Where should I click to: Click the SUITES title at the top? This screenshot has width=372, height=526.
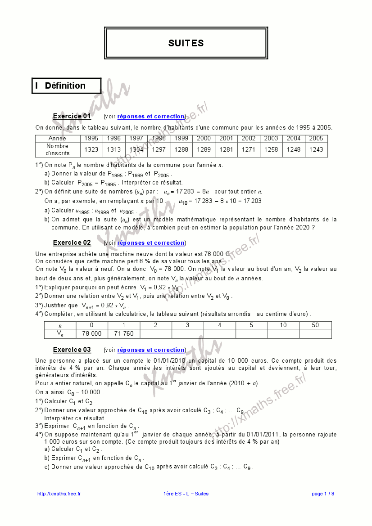click(186, 43)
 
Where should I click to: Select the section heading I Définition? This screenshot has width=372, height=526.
click(65, 85)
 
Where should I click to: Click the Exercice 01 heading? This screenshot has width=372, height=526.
click(72, 117)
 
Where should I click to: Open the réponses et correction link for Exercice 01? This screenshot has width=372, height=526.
click(151, 117)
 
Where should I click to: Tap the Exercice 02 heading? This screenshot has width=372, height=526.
click(72, 243)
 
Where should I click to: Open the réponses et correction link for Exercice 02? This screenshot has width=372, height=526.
click(151, 243)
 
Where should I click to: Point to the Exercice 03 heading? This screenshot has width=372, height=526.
click(72, 350)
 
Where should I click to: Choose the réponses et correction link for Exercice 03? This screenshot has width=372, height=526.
click(151, 350)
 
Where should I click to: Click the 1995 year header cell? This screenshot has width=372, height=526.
click(91, 139)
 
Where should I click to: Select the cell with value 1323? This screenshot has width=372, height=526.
click(91, 150)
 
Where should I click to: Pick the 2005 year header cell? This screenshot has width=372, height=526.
click(316, 139)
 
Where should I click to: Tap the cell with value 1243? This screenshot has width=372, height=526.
click(316, 150)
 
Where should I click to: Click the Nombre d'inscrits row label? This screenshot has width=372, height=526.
click(58, 150)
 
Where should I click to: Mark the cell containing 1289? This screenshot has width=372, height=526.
click(204, 150)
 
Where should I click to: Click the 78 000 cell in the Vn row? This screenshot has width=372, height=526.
click(92, 334)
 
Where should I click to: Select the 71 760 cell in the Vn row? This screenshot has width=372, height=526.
click(124, 334)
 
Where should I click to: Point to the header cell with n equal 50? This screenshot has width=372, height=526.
click(315, 325)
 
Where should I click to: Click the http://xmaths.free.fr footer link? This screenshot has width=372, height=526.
click(59, 494)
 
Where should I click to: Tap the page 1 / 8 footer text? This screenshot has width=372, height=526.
click(323, 494)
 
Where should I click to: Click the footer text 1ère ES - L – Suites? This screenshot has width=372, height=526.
click(186, 494)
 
